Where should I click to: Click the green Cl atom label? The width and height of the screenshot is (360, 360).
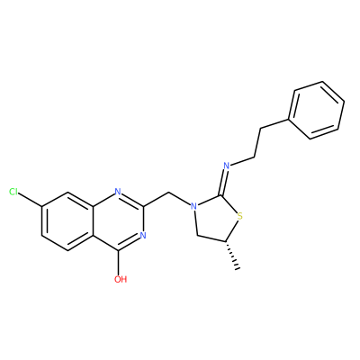13,192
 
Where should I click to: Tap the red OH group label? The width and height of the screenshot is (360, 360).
121,279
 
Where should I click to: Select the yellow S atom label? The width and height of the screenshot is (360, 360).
239,216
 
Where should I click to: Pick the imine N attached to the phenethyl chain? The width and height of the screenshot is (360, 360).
227,166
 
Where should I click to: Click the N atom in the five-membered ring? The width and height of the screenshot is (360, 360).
194,206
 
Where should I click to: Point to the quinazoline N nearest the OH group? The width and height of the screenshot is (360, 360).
143,236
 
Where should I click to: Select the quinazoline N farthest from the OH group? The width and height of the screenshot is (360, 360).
118,192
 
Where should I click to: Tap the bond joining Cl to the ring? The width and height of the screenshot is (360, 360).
31,199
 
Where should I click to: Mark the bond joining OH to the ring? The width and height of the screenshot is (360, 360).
119,262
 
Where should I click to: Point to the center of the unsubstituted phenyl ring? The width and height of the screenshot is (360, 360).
316,110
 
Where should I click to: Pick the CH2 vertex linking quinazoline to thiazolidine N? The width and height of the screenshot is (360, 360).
168,193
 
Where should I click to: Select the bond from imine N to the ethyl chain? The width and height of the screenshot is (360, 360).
242,161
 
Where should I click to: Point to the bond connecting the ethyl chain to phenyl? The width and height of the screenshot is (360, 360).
274,124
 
